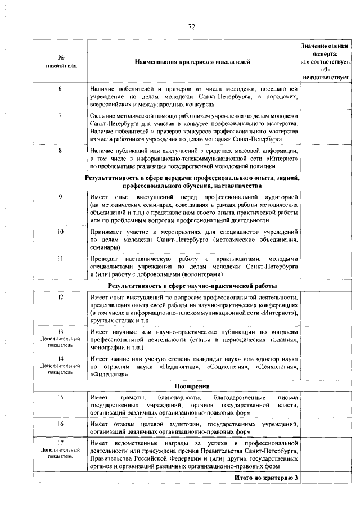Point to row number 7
tap(60, 115)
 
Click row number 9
tap(60, 196)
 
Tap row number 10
tap(60, 231)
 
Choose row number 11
tap(60, 258)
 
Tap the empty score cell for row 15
tap(326, 405)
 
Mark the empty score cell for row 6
tap(326, 97)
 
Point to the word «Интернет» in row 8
tap(281, 159)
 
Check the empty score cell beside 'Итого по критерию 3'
tap(326, 478)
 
